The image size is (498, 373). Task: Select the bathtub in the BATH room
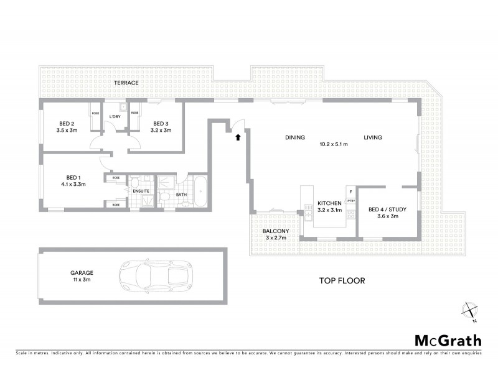pos(200,193)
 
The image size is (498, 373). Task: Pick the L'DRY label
pos(115,117)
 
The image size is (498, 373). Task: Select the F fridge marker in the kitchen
pos(351,192)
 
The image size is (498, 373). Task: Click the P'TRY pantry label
pos(351,201)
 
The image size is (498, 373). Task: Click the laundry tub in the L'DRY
pos(123,106)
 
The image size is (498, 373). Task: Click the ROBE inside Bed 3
pos(134,113)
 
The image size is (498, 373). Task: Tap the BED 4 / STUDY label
pos(387,210)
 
